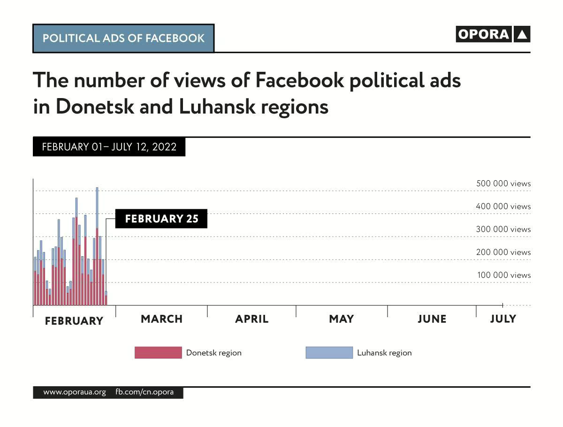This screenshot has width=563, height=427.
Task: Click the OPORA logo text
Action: coord(483,34)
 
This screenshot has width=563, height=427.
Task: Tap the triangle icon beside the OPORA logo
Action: coord(522,34)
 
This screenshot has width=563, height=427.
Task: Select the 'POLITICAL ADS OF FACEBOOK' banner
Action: coord(123,38)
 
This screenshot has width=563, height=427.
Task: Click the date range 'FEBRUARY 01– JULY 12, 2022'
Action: coord(109,147)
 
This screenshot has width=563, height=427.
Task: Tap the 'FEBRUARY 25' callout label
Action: coord(161,219)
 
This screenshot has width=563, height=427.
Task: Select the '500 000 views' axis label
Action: coord(503,183)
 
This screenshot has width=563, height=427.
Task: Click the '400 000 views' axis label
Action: coord(503,206)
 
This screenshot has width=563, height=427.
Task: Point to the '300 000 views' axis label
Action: coord(503,229)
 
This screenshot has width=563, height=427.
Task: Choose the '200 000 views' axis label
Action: coord(503,252)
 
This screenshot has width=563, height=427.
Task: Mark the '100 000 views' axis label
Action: coord(504,275)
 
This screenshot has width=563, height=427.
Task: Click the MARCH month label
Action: coord(161,319)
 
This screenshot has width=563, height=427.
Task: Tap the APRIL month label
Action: coord(252,319)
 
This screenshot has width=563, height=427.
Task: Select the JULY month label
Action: coord(503,319)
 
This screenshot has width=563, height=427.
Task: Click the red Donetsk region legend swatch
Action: coord(158,353)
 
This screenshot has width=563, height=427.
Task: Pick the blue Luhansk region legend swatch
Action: coord(329,353)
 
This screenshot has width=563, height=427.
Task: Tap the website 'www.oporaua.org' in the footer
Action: coord(75,392)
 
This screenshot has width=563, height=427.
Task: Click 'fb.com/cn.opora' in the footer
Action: coord(145,392)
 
